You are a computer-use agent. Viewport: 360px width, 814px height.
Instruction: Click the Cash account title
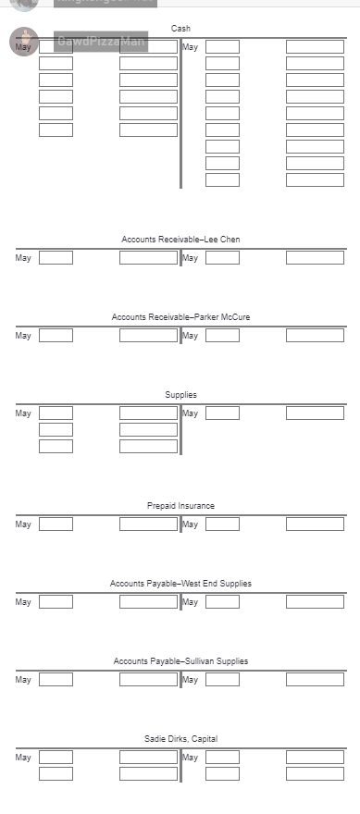coord(180,29)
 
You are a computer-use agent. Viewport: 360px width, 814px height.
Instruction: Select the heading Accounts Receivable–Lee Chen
coord(180,240)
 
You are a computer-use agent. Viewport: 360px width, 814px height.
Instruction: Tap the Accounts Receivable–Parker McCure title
coord(180,317)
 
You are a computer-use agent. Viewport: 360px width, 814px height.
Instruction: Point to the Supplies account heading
coord(180,395)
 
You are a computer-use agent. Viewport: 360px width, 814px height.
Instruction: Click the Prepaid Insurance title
coord(180,506)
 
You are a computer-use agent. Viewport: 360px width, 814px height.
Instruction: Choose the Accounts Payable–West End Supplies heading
coord(180,584)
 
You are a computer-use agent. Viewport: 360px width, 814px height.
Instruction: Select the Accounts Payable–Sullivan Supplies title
coord(180,661)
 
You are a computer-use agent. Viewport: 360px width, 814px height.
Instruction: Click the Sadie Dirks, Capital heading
coord(180,738)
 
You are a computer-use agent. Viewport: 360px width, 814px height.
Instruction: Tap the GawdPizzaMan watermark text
coord(101,42)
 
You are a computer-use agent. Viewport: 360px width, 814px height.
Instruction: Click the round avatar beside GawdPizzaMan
coord(24,42)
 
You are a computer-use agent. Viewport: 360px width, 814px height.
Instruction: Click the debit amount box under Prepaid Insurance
coord(148,524)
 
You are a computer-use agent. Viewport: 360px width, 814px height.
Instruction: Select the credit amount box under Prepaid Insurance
coord(315,524)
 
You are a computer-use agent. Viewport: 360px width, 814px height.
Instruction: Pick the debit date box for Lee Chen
coord(56,258)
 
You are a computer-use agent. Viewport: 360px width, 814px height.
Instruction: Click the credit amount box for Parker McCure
coord(315,336)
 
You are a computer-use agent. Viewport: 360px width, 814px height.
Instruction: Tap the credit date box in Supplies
coord(222,413)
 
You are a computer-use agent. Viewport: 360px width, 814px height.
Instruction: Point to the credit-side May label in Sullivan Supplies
coord(190,680)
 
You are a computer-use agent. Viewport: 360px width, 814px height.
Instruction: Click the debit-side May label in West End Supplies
coord(23,602)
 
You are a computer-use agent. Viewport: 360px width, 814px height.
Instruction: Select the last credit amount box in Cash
coord(315,180)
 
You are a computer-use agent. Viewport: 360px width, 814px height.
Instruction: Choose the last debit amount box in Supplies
coord(148,447)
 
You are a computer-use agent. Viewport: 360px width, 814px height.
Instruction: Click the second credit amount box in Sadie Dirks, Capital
coord(315,774)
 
